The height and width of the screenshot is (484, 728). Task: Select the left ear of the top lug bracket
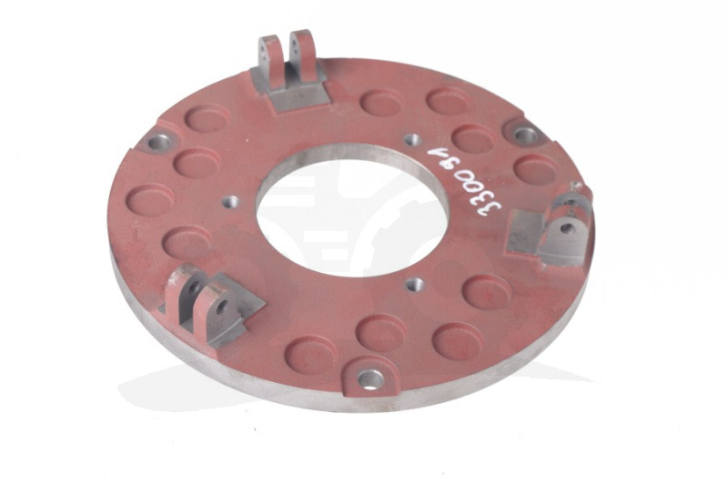[268, 61]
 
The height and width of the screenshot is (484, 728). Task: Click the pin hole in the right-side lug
[566, 227]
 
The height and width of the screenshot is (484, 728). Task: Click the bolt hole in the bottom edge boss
[371, 380]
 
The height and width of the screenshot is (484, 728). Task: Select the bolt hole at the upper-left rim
[160, 141]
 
